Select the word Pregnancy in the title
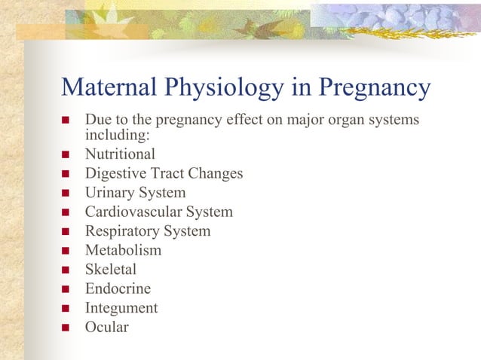375,88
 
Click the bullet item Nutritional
120,154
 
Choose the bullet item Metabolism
123,251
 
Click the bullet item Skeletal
111,270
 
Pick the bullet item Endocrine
118,289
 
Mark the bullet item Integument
121,308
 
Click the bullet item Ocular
106,328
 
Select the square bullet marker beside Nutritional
65,155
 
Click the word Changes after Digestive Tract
215,174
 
